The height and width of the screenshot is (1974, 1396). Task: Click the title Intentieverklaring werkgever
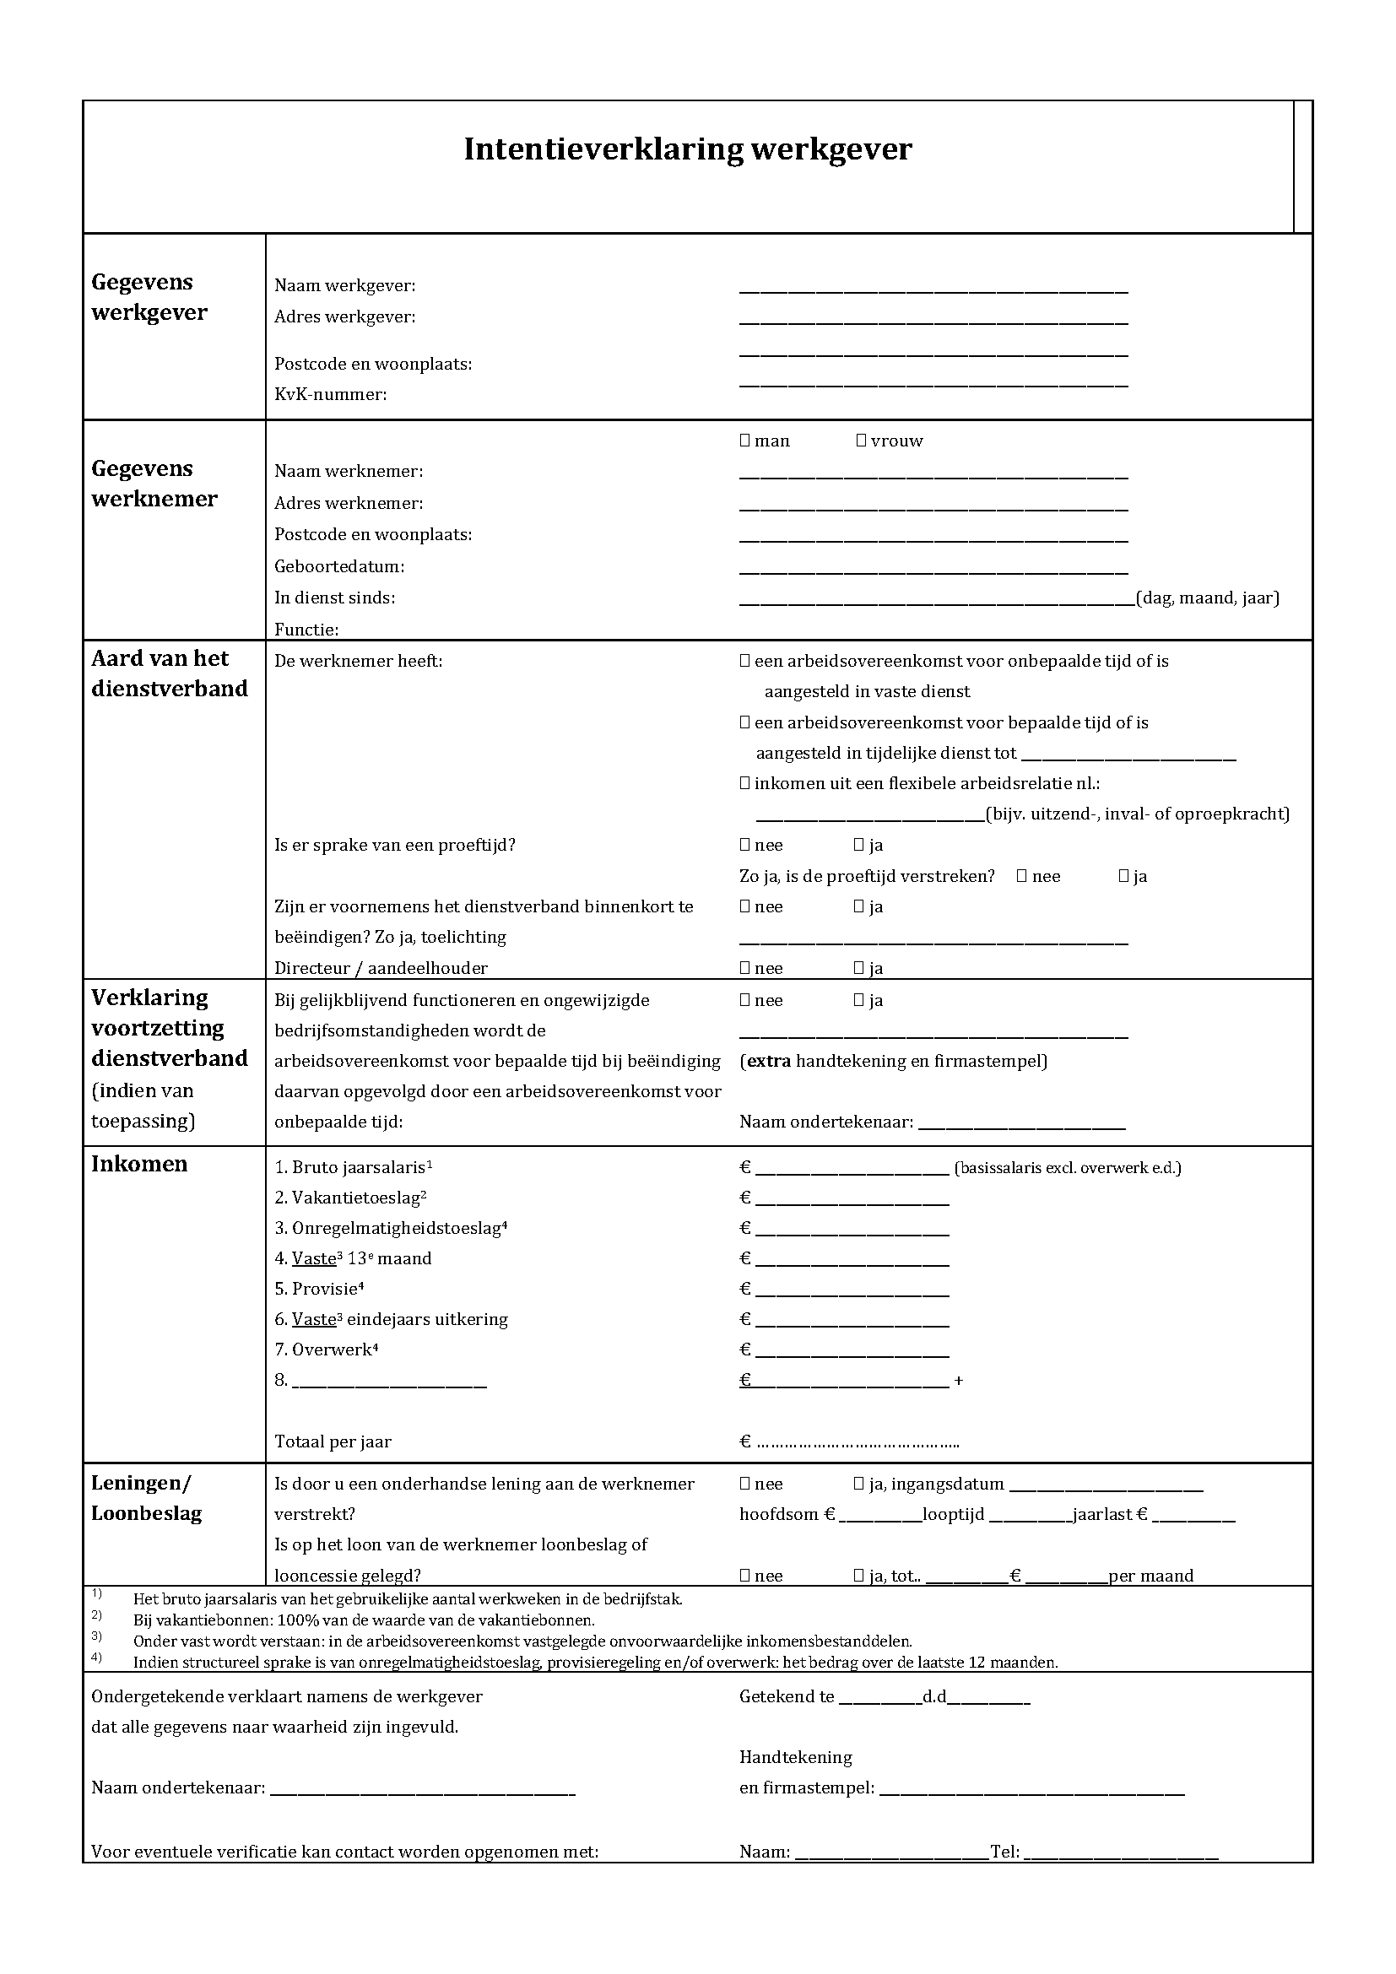point(687,149)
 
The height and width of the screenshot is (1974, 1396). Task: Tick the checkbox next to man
point(744,441)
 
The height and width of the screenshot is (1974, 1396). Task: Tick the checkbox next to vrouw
point(860,441)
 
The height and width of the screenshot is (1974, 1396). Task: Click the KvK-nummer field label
point(330,395)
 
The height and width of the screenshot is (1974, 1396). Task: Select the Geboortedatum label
point(338,566)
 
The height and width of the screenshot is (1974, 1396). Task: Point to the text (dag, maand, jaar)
point(1208,598)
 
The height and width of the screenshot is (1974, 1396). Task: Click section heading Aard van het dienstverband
point(170,673)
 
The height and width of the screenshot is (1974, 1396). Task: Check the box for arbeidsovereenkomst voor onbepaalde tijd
point(744,661)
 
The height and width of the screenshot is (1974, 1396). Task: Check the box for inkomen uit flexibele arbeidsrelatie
point(744,783)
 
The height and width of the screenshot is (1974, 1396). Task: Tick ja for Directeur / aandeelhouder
point(858,968)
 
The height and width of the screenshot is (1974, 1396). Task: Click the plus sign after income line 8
point(959,1381)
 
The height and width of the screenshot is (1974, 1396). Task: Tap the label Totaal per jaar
point(333,1441)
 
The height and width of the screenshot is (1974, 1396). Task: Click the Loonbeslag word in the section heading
point(146,1513)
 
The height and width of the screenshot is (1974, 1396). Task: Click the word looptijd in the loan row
point(953,1514)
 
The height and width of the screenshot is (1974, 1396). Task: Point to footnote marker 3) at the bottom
point(96,1635)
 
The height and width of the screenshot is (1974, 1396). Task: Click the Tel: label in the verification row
point(1005,1851)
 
